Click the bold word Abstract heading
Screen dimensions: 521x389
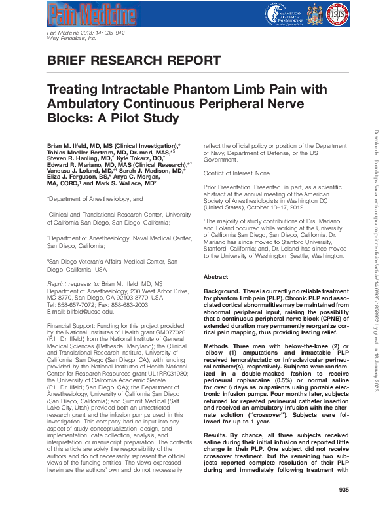215,277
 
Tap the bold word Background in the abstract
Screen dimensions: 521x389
221,289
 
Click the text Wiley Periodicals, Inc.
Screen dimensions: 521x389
72,39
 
